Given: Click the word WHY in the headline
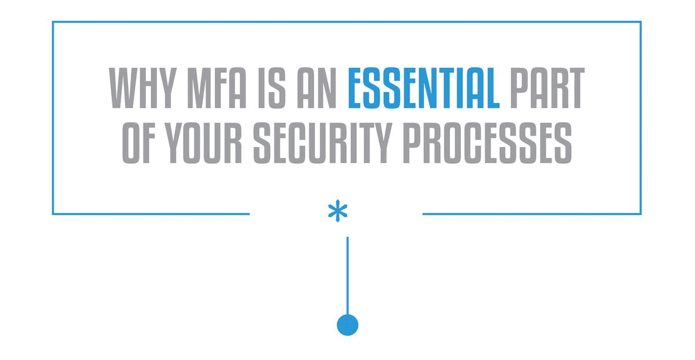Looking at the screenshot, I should coord(142,89).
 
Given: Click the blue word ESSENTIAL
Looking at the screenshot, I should coord(423,89).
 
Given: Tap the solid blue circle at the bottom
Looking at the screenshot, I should coord(348,324).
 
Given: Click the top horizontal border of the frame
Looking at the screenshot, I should coord(348,22).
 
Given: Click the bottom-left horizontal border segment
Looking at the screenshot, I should coord(151,214).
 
